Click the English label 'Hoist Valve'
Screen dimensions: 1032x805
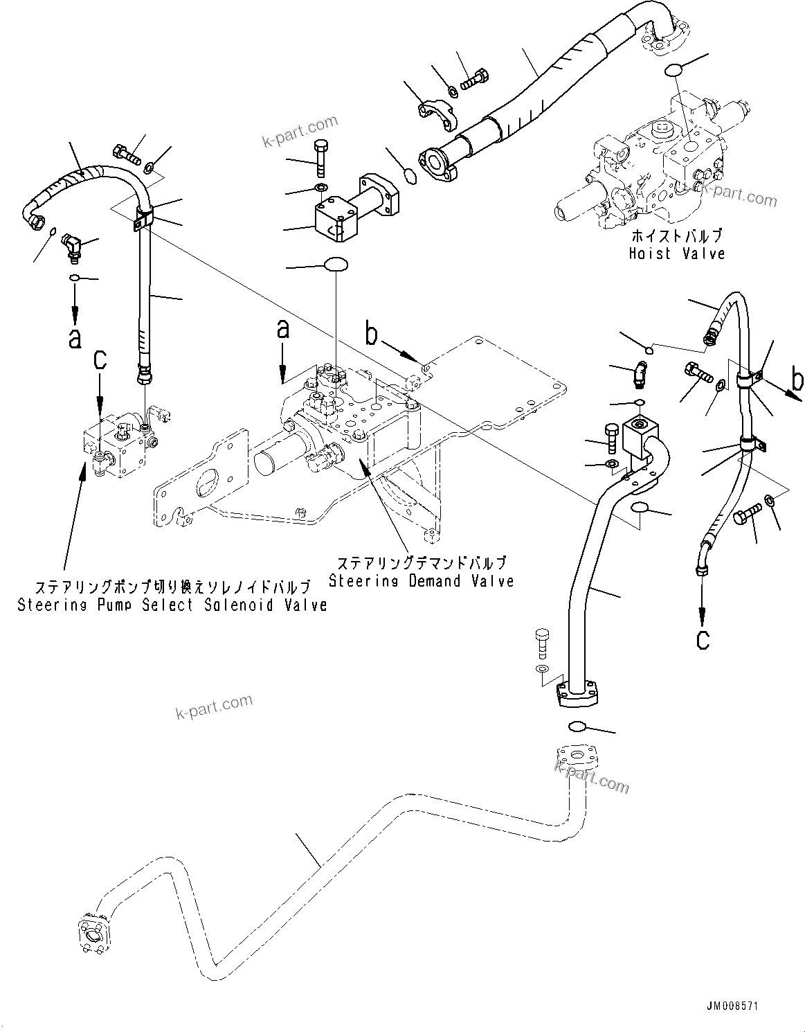676,253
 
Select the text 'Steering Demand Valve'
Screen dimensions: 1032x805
421,580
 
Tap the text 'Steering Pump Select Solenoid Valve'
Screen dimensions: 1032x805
172,605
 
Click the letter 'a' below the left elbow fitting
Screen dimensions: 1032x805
75,338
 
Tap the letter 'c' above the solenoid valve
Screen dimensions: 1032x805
101,359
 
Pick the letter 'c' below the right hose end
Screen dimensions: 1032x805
703,639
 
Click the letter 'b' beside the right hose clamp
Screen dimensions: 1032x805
797,380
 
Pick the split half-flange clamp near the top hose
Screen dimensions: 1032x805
434,112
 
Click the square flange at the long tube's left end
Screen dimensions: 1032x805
91,929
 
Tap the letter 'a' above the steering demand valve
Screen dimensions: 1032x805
282,329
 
